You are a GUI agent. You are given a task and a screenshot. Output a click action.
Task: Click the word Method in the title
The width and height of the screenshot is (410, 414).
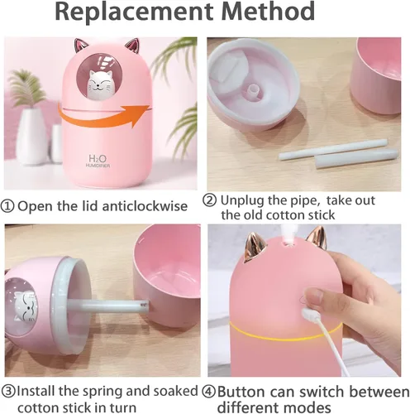pyautogui.click(x=268, y=11)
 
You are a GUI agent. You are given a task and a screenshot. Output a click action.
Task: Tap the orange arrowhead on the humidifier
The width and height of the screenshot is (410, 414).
pyautogui.click(x=139, y=115)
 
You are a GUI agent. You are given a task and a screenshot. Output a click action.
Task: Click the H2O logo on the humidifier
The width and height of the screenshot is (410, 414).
pyautogui.click(x=98, y=158)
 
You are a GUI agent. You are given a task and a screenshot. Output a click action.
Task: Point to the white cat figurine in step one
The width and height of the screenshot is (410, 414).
pyautogui.click(x=98, y=84)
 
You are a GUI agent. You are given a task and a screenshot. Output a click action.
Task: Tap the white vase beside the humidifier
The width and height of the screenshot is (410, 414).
pyautogui.click(x=31, y=135)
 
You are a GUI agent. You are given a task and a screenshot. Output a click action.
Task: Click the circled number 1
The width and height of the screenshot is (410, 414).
pyautogui.click(x=7, y=206)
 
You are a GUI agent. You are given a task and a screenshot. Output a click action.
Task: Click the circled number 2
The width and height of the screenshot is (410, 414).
pyautogui.click(x=210, y=200)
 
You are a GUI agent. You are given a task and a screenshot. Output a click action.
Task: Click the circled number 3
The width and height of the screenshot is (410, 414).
pyautogui.click(x=8, y=391)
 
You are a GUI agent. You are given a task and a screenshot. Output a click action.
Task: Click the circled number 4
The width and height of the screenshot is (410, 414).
pyautogui.click(x=209, y=392)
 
